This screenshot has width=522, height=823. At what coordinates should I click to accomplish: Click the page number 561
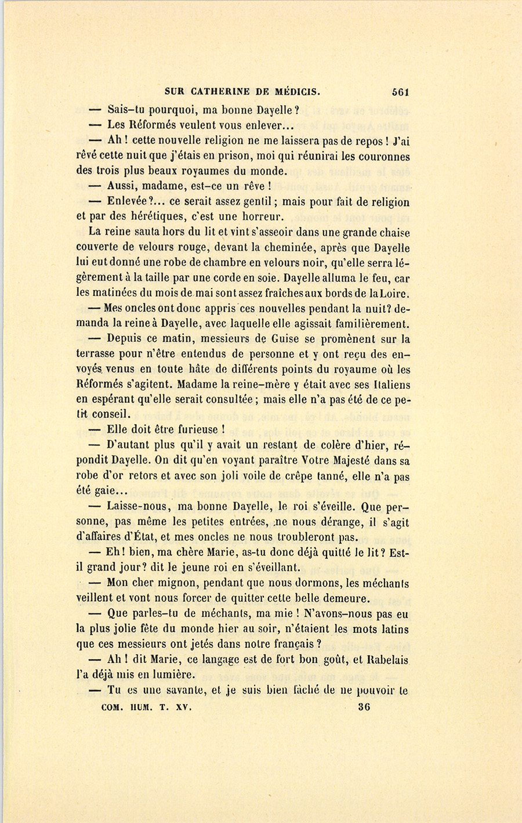point(401,91)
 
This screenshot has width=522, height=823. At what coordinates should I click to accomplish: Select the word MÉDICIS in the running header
point(295,91)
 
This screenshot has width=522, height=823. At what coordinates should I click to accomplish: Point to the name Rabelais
point(388,659)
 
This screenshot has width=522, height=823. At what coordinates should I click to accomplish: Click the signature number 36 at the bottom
point(364,707)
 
